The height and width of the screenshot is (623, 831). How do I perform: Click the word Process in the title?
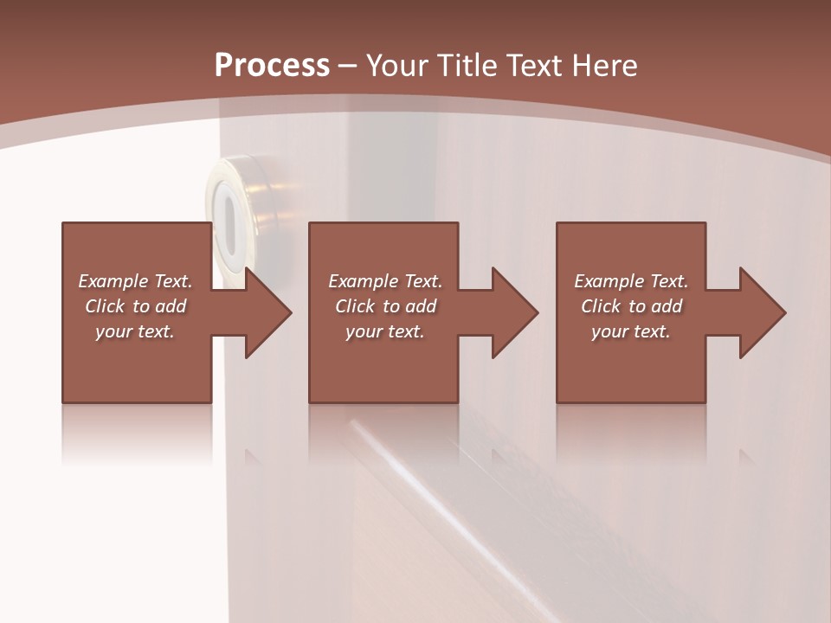272,66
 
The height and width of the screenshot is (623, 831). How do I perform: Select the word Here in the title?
602,66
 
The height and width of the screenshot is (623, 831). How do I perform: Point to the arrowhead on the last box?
761,312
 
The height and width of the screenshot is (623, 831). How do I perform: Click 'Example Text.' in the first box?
135,281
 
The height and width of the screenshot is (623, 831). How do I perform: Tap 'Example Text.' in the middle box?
385,281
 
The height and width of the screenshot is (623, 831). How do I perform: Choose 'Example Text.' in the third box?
631,281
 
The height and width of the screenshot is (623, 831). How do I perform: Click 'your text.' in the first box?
135,331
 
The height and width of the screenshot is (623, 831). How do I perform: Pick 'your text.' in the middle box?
385,331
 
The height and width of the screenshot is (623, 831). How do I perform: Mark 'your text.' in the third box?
631,331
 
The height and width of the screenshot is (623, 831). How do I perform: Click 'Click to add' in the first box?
135,306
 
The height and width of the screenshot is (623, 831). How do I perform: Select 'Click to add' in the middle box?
385,306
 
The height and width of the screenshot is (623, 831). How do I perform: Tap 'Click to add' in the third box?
631,306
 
